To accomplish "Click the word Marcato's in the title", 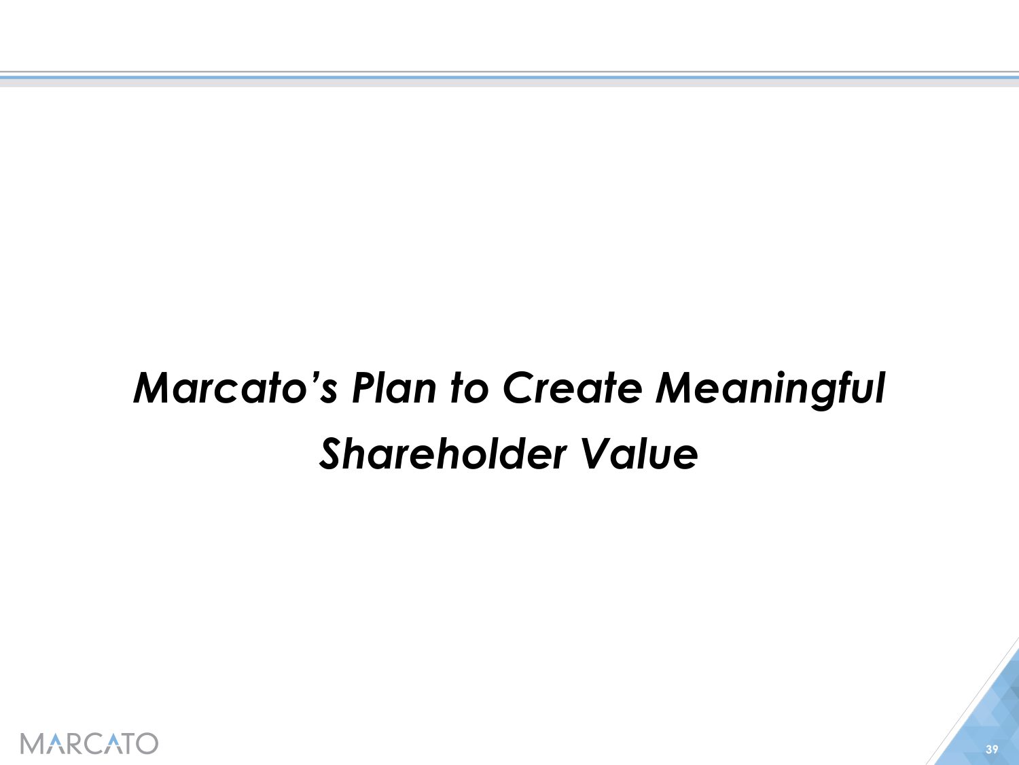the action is click(235, 388).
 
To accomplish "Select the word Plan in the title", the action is click(394, 388).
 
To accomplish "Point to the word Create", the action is click(573, 388).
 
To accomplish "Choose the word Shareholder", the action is click(443, 454).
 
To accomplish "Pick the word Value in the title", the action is click(639, 454).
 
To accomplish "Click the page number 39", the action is click(992, 749).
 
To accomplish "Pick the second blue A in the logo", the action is click(115, 744).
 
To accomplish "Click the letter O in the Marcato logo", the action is click(147, 744).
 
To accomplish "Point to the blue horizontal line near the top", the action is click(509, 78).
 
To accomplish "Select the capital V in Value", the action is click(597, 454).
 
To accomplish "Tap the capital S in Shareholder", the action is click(334, 454).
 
